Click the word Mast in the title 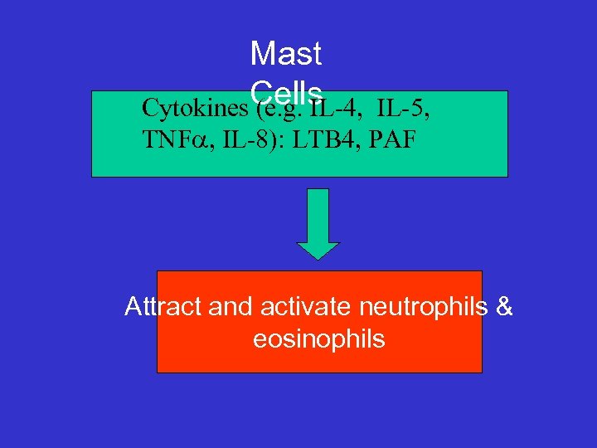click(x=285, y=55)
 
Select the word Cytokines click(x=195, y=109)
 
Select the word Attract click(x=163, y=308)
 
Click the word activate click(x=307, y=308)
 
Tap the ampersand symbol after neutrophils click(x=504, y=308)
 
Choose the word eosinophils click(x=319, y=339)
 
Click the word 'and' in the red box click(x=231, y=308)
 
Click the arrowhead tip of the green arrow click(x=318, y=257)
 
